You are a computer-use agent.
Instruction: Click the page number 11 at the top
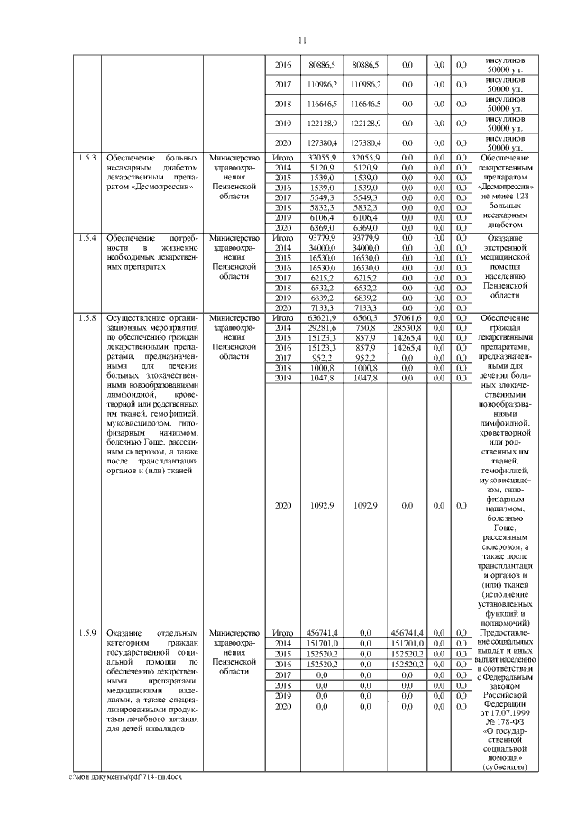303,39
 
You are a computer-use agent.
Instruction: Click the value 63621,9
322,318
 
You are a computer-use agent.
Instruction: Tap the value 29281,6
322,328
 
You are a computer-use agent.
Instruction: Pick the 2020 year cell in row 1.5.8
282,504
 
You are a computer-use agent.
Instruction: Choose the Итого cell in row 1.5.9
282,633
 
